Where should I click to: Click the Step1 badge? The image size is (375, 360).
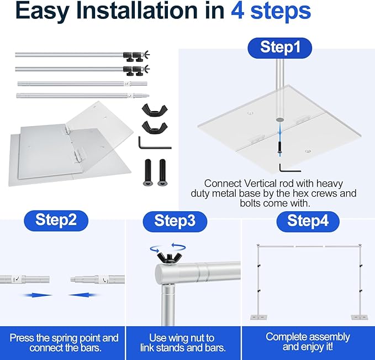279,48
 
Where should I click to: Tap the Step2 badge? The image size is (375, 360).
56,221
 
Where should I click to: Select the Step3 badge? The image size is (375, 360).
175,222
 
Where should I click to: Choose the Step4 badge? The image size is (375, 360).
308,222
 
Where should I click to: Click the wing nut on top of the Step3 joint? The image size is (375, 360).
170,259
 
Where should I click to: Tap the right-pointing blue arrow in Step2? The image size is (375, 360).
37,295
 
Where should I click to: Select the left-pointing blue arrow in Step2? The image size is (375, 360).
83,295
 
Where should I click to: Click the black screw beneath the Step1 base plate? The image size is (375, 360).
279,148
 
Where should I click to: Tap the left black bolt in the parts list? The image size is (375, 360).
148,173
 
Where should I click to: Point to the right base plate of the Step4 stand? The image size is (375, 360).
360,317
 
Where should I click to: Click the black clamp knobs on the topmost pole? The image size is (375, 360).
134,56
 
